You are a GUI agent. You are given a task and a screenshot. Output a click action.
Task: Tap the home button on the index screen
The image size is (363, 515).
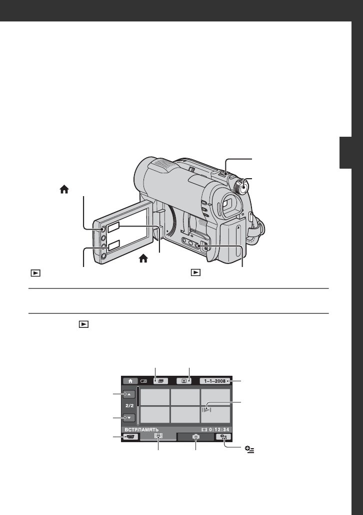[x=130, y=381]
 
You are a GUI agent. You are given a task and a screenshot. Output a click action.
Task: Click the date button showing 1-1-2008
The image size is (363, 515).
[x=215, y=381]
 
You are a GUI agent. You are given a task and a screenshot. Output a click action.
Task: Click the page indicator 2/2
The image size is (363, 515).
[x=129, y=406]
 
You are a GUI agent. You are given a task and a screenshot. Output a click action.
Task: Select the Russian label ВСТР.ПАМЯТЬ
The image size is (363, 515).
[x=141, y=430]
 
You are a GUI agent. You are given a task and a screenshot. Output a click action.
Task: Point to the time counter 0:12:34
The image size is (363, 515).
[x=219, y=430]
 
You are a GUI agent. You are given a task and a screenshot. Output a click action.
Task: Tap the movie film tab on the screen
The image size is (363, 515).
[x=158, y=437]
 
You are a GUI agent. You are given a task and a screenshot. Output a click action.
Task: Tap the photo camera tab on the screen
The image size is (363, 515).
[x=196, y=437]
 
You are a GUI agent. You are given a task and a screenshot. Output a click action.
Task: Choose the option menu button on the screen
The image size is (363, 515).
[x=223, y=437]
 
